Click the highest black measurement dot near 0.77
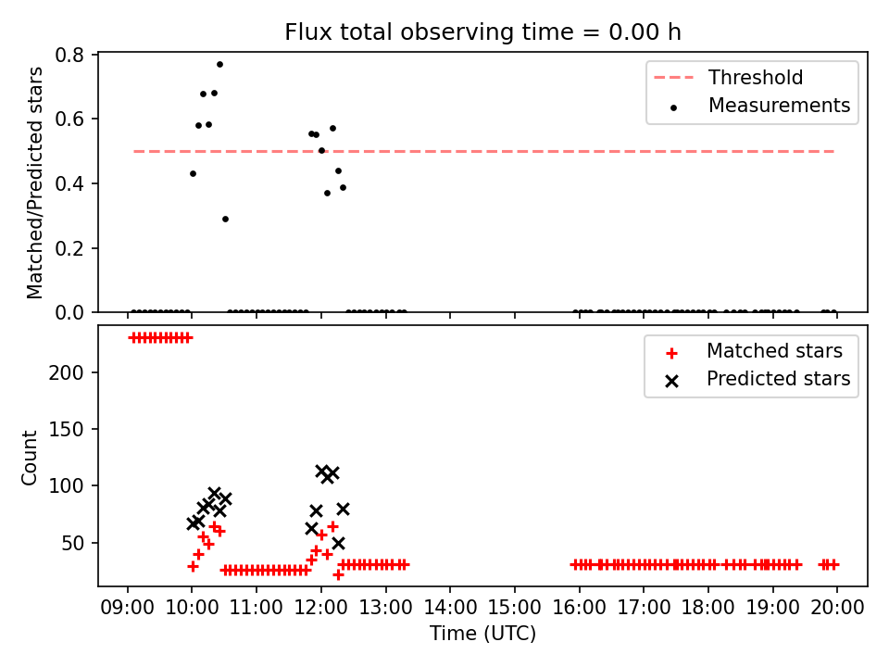click(x=220, y=65)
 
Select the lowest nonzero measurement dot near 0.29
click(x=225, y=219)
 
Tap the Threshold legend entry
click(x=729, y=77)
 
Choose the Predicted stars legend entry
click(x=759, y=379)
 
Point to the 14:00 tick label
click(x=450, y=608)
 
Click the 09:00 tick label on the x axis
click(x=128, y=608)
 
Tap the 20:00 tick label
click(x=837, y=608)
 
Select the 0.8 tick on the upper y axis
click(x=69, y=55)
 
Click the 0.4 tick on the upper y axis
click(x=69, y=183)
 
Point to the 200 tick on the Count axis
click(x=66, y=372)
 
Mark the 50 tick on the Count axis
click(x=72, y=544)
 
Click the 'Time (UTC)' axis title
click(x=482, y=633)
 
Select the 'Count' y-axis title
click(x=29, y=458)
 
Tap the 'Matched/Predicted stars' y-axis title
click(x=34, y=182)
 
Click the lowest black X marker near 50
click(x=338, y=544)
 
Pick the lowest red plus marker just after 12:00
click(x=338, y=575)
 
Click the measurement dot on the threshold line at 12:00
click(x=321, y=151)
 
